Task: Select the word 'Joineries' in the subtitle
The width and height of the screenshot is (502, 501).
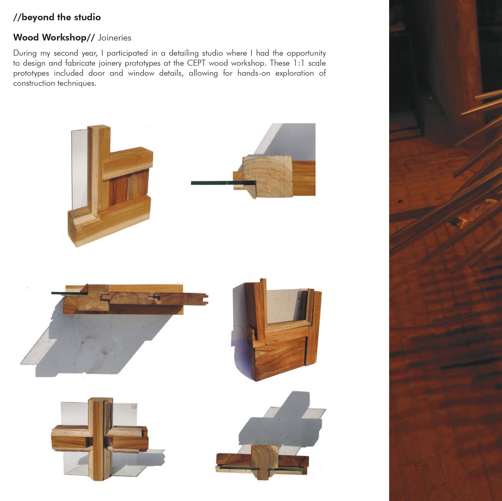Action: [114, 38]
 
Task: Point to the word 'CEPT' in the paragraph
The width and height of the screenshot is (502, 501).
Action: [196, 63]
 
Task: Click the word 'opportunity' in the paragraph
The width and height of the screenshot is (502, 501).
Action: [306, 53]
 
